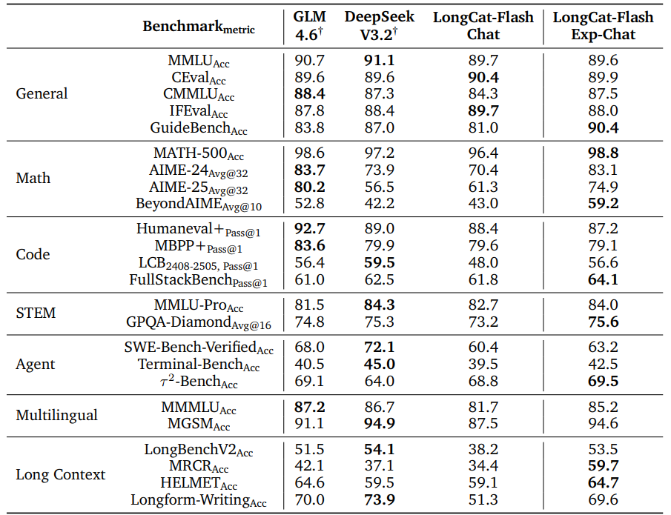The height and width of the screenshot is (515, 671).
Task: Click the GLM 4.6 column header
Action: (x=308, y=26)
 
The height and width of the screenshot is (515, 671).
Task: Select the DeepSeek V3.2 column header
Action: (x=379, y=26)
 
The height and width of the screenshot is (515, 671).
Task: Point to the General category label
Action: (x=42, y=93)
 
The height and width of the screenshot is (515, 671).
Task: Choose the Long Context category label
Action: (x=61, y=474)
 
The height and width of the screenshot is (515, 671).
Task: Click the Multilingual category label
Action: (x=57, y=415)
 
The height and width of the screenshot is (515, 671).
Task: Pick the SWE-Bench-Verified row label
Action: (x=199, y=347)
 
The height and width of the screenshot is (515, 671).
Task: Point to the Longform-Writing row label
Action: (x=199, y=501)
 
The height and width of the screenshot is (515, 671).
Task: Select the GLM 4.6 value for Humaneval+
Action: (x=308, y=230)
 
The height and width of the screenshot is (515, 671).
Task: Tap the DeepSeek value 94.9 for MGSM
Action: (x=379, y=424)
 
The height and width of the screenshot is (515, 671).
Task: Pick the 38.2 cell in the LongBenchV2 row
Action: (x=483, y=449)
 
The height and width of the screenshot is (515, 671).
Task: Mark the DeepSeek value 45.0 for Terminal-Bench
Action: (x=379, y=364)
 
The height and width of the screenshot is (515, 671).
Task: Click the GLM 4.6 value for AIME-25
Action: (x=308, y=187)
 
